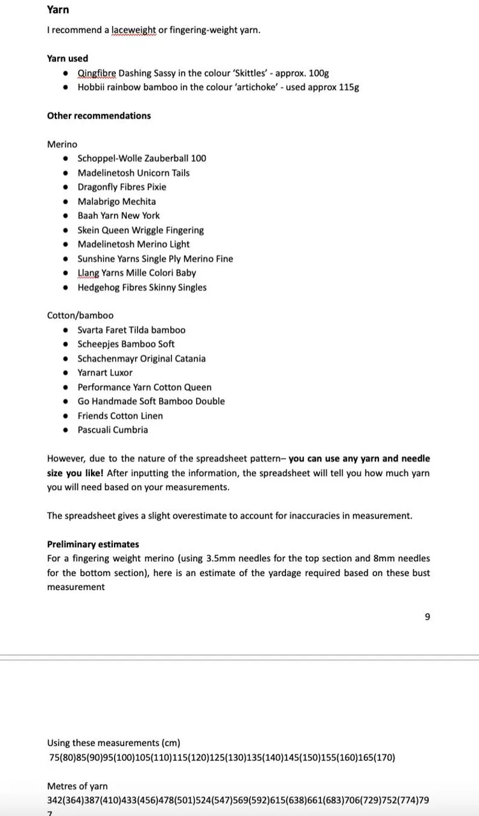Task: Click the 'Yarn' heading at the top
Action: (58, 10)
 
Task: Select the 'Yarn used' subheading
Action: (68, 58)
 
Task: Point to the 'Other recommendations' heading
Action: (99, 116)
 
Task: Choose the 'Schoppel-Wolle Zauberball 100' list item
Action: (142, 158)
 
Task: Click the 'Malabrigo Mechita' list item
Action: (116, 201)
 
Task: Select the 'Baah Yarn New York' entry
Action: (119, 216)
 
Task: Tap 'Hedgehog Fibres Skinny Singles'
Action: (142, 287)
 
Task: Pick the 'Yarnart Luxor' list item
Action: (105, 372)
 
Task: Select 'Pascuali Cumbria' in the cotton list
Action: (113, 430)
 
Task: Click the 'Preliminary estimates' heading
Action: (93, 544)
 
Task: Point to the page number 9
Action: (427, 617)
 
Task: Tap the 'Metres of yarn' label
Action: (77, 786)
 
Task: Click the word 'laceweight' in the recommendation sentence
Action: (133, 30)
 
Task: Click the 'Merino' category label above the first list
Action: (62, 144)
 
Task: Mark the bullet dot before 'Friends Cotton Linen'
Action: (66, 416)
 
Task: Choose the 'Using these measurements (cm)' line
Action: (113, 743)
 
